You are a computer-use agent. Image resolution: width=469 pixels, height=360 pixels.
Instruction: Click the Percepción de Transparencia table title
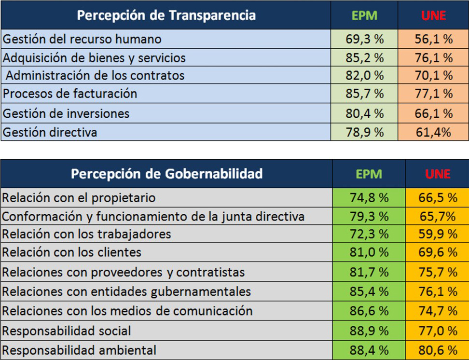tap(166, 15)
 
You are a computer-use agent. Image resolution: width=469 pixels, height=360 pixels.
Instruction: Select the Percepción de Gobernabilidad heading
tap(166, 174)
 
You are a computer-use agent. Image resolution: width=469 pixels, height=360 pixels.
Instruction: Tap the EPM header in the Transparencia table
tap(364, 15)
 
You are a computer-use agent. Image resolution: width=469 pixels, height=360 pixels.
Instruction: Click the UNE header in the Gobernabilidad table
tap(437, 174)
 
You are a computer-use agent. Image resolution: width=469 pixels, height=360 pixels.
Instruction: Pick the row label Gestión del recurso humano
tap(82, 39)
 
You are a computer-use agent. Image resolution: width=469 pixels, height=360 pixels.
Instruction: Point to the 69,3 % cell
tap(364, 39)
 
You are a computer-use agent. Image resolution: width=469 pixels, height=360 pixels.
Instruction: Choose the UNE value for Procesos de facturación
tap(433, 94)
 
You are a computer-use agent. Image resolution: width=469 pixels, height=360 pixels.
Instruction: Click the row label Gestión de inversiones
tap(66, 113)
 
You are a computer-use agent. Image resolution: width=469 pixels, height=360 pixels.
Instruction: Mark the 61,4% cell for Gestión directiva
tap(433, 132)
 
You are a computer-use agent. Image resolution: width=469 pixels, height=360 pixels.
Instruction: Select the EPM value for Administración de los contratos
tap(364, 76)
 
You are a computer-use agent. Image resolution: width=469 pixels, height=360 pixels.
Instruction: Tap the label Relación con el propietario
tap(79, 198)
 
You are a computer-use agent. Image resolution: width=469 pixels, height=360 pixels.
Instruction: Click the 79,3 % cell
tap(369, 216)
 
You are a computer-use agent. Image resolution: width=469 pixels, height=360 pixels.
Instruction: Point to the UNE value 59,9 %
tap(437, 234)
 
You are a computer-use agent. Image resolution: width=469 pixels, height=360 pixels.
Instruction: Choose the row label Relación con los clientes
tap(72, 252)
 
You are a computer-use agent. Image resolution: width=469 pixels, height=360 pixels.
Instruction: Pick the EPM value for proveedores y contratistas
tap(369, 272)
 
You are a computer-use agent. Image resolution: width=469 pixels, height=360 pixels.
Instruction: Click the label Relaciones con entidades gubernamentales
tap(126, 291)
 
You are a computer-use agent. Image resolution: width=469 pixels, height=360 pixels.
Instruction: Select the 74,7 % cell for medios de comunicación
tap(437, 311)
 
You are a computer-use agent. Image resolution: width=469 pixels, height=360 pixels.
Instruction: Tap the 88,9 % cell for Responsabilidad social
tap(369, 331)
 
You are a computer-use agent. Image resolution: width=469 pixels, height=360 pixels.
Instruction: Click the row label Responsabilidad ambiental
tap(79, 350)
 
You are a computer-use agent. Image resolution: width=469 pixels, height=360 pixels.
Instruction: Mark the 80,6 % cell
tap(437, 350)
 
